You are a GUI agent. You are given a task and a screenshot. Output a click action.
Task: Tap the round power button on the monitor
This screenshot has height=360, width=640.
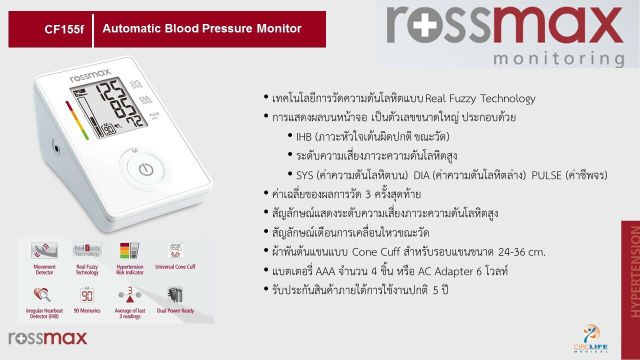[x=145, y=168]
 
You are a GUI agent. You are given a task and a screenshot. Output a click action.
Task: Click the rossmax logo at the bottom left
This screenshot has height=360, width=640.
[x=37, y=339]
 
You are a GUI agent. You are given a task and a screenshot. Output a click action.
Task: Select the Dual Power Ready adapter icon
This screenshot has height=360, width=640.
[x=173, y=296]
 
